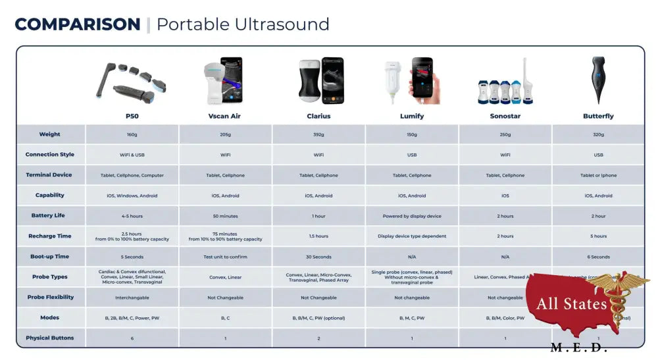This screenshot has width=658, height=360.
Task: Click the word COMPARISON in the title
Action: click(x=77, y=25)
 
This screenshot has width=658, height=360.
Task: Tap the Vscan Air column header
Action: click(x=225, y=116)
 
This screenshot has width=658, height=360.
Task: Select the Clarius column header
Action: click(x=318, y=116)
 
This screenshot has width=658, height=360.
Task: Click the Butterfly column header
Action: click(x=598, y=116)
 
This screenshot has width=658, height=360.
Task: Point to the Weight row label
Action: click(x=50, y=134)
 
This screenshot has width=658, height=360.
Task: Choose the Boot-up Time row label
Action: click(x=50, y=257)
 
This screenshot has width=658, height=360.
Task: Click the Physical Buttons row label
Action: click(x=50, y=338)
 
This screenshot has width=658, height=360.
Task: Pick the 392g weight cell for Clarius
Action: click(x=318, y=135)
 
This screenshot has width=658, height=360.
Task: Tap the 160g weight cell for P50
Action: click(x=132, y=135)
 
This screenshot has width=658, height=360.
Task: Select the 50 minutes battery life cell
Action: click(x=225, y=217)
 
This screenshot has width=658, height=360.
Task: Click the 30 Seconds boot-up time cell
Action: click(x=318, y=257)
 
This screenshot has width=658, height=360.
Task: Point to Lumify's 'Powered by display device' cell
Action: click(x=412, y=217)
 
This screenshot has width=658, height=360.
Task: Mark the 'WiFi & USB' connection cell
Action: click(x=132, y=155)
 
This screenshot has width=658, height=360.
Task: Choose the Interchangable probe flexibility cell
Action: click(x=132, y=297)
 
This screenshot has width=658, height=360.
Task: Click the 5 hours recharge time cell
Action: click(x=598, y=236)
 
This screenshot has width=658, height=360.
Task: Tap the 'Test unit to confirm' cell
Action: click(x=225, y=257)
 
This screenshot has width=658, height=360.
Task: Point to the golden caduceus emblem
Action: click(x=619, y=299)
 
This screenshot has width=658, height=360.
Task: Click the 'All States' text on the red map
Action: click(x=571, y=304)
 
